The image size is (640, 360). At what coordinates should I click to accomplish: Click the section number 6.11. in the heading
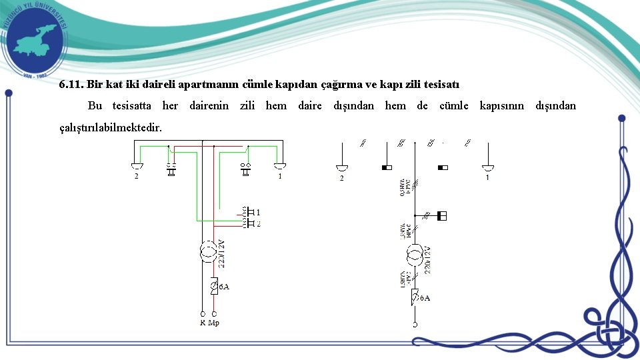[71, 85]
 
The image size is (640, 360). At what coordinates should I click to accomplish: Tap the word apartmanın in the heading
[211, 85]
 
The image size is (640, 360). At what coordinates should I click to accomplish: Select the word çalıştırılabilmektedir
[110, 127]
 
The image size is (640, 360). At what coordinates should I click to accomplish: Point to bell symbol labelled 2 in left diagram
[137, 166]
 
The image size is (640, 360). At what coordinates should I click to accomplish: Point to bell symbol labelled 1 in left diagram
[280, 166]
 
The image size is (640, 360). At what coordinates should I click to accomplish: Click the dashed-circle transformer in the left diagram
[208, 253]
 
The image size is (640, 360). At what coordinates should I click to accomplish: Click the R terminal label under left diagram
[202, 323]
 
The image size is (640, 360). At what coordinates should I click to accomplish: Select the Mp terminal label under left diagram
[214, 323]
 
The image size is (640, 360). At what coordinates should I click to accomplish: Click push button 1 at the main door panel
[249, 212]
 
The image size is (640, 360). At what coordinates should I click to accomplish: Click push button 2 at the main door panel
[249, 224]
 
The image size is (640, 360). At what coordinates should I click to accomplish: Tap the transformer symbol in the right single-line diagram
[414, 254]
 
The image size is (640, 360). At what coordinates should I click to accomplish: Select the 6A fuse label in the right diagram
[425, 298]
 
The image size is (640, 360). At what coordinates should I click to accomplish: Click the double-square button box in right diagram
[441, 216]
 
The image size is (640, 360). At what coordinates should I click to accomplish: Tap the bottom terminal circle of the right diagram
[414, 325]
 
